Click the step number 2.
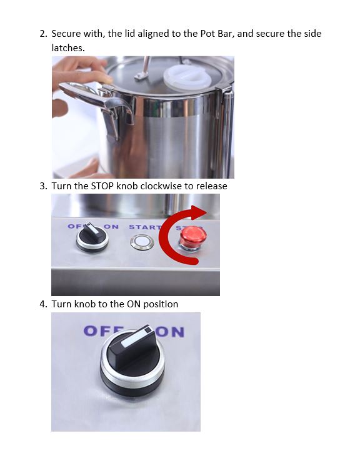(x=43, y=34)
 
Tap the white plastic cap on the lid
(x=187, y=77)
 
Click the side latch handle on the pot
(x=97, y=103)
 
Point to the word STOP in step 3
(x=102, y=186)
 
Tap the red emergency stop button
(x=193, y=239)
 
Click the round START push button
(x=142, y=242)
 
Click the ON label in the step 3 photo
(x=111, y=227)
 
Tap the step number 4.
(x=43, y=304)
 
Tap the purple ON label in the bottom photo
(x=171, y=332)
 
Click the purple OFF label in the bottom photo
(x=102, y=330)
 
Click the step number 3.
(x=43, y=186)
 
